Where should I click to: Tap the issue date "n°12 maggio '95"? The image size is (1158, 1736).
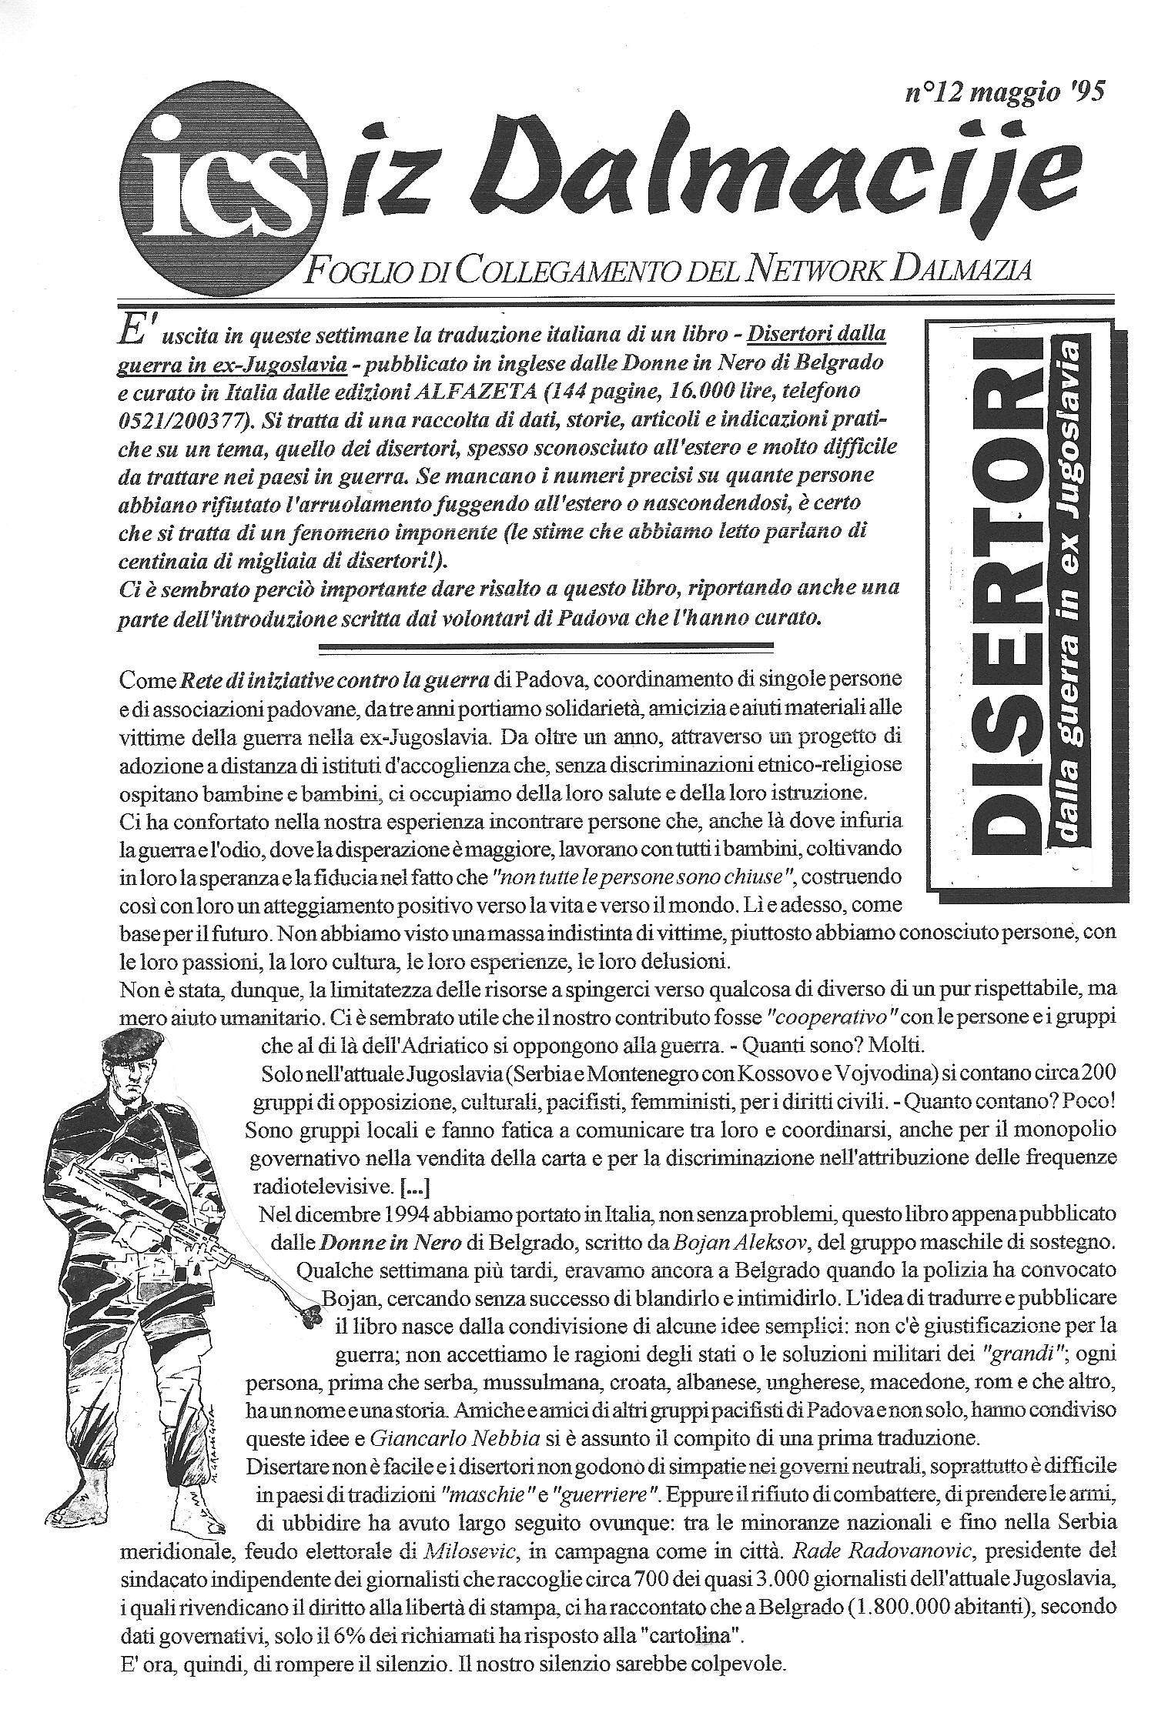pos(1006,94)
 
